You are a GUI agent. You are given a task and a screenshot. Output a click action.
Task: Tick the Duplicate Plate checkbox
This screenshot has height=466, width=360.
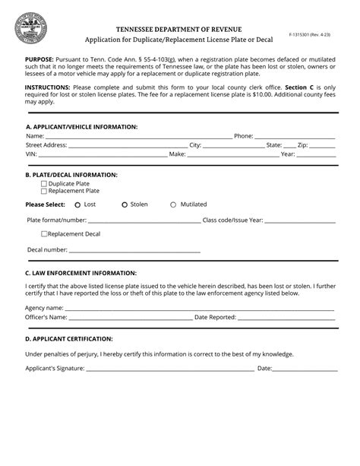tap(43, 183)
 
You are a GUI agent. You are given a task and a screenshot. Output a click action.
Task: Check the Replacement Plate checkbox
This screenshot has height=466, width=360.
tap(43, 191)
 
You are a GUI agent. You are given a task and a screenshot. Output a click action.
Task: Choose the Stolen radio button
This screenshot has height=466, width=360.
tap(125, 204)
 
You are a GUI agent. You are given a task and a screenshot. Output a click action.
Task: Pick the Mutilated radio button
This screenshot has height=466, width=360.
tap(173, 204)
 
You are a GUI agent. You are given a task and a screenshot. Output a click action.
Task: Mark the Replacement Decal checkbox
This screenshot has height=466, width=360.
tap(45, 233)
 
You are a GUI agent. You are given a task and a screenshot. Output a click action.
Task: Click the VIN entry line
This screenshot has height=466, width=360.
tap(103, 155)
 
